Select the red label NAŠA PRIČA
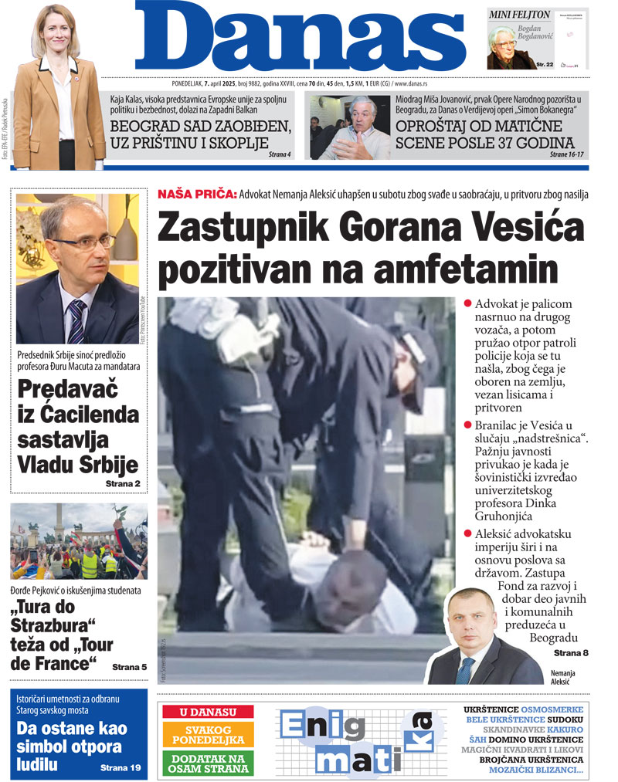pyautogui.click(x=196, y=195)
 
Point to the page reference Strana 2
pyautogui.click(x=123, y=483)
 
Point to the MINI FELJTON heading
pyautogui.click(x=520, y=15)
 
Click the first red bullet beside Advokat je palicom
pyautogui.click(x=468, y=303)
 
